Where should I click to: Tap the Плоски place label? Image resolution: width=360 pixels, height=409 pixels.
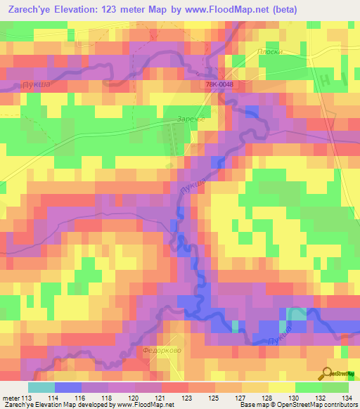(x=269, y=51)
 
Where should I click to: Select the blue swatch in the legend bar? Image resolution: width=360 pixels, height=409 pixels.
(x=67, y=387)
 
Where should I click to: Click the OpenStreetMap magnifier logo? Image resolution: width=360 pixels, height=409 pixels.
(x=327, y=373)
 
